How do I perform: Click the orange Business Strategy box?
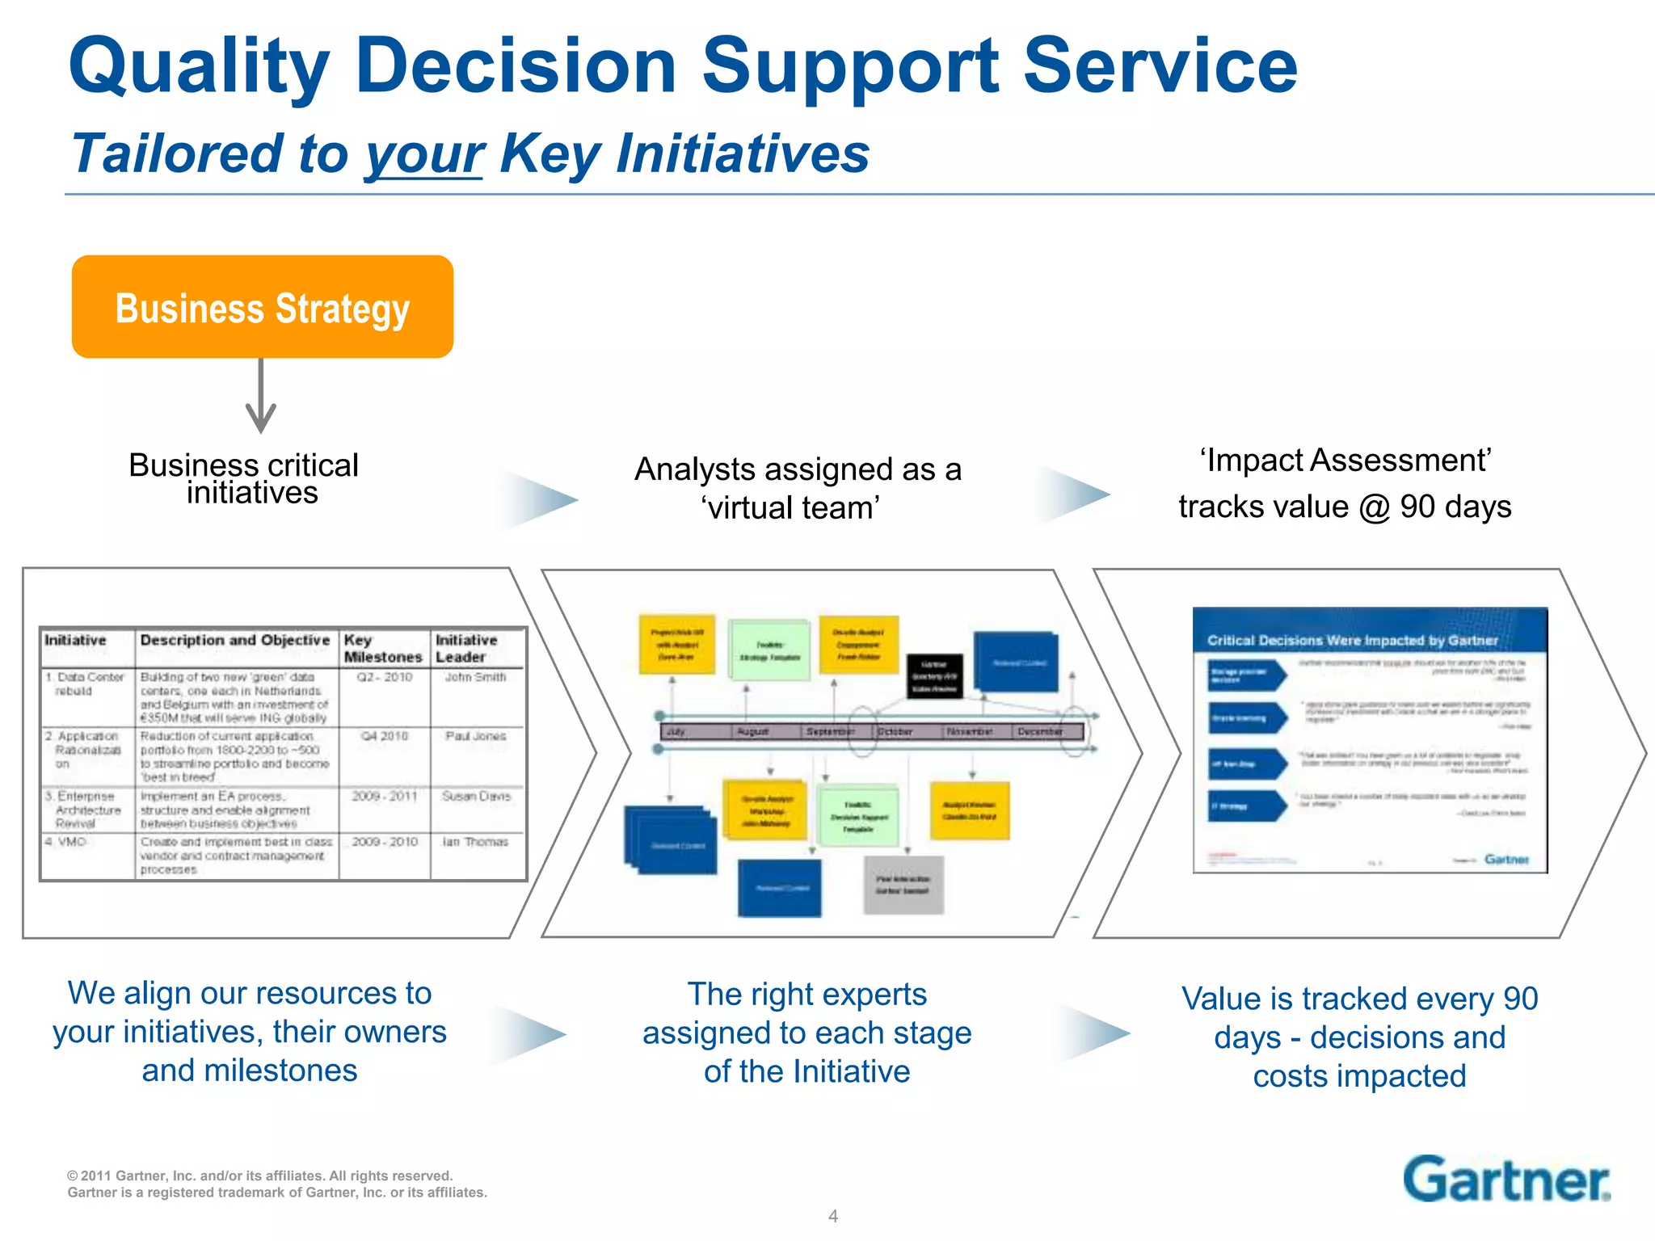pyautogui.click(x=262, y=307)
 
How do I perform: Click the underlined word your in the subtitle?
pyautogui.click(x=423, y=154)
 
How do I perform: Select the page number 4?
pyautogui.click(x=833, y=1216)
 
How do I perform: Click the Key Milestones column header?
pyautogui.click(x=382, y=648)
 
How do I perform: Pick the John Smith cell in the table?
pyautogui.click(x=475, y=677)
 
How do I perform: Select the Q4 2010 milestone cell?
pyautogui.click(x=384, y=736)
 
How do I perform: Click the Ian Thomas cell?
pyautogui.click(x=475, y=842)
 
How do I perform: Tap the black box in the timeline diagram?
pyautogui.click(x=934, y=676)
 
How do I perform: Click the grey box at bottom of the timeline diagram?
pyautogui.click(x=903, y=885)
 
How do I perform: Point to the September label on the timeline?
pyautogui.click(x=828, y=732)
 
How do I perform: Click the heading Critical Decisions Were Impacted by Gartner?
pyautogui.click(x=1352, y=641)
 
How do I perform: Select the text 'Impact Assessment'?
pyautogui.click(x=1345, y=461)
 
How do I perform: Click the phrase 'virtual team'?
pyautogui.click(x=790, y=508)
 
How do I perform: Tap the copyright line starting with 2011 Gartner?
pyautogui.click(x=259, y=1176)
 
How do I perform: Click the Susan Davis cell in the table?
pyautogui.click(x=476, y=797)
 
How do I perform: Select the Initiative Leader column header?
pyautogui.click(x=467, y=648)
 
